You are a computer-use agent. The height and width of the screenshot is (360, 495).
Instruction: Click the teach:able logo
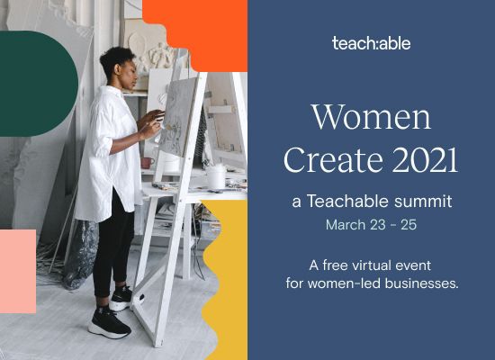pos(371,43)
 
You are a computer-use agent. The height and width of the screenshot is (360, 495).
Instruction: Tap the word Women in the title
pos(372,116)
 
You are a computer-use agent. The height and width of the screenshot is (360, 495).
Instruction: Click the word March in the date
pos(346,225)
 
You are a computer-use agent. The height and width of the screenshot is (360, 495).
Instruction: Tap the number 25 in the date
pos(409,225)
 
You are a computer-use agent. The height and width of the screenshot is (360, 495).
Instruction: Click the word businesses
pos(421,283)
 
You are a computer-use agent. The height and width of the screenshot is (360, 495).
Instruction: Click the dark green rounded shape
pos(39,84)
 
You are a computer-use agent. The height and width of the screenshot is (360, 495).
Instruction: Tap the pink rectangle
pos(18,271)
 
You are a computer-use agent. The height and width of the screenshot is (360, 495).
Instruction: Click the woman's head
pos(120,67)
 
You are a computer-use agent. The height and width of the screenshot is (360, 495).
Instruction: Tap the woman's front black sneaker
pos(109,322)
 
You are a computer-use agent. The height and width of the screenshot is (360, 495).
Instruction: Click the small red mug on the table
pos(147,163)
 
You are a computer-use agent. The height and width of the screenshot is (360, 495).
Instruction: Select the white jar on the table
pos(216,176)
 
